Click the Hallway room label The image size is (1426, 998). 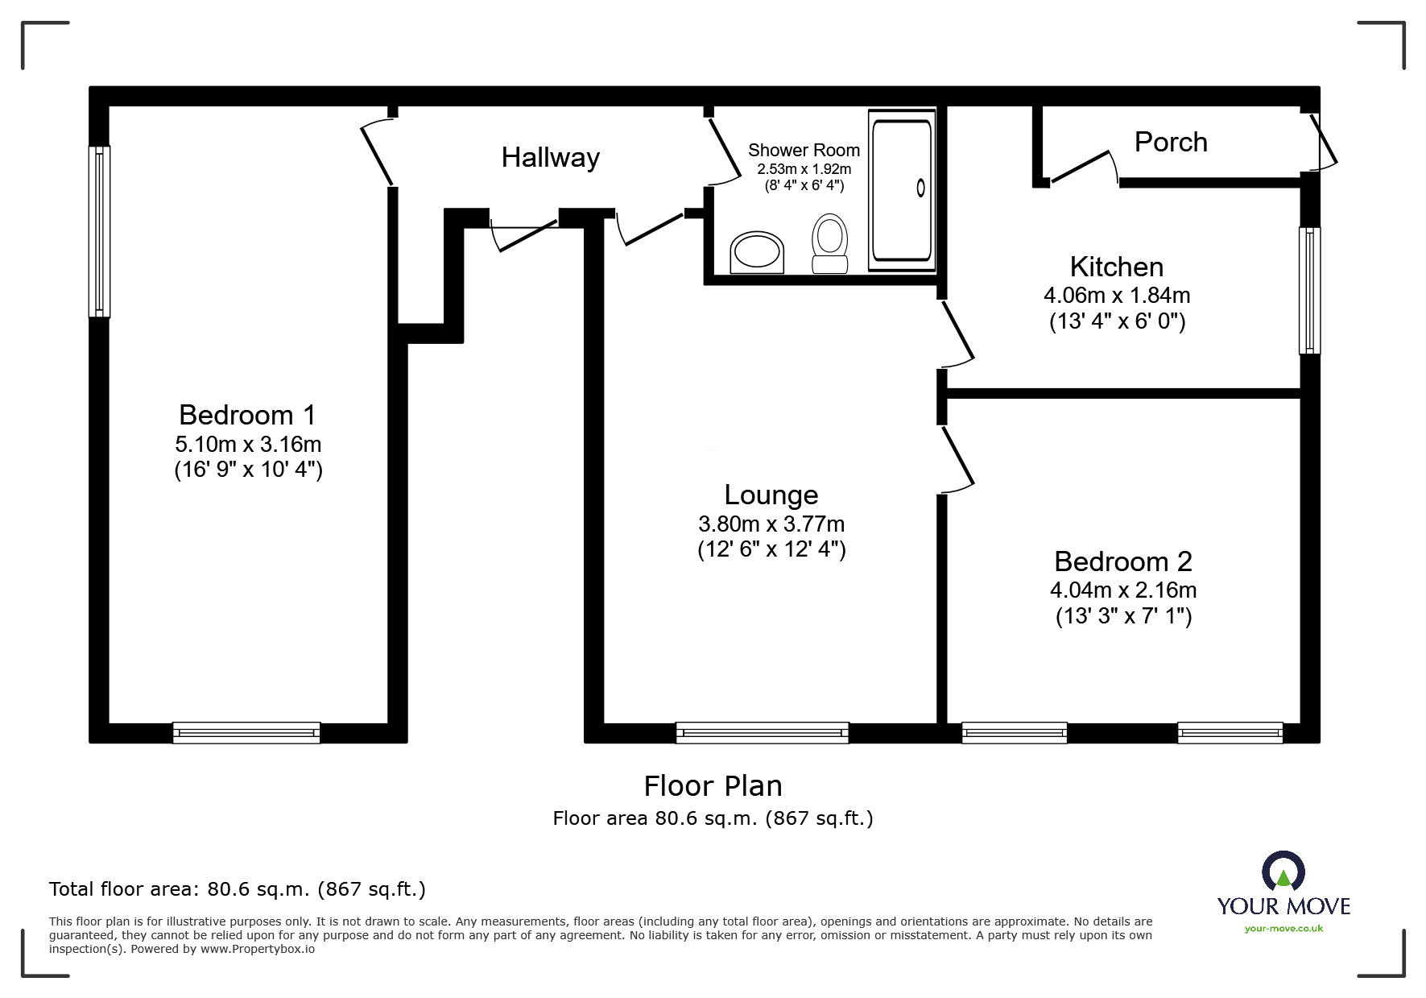pyautogui.click(x=550, y=157)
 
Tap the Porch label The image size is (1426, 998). pyautogui.click(x=1171, y=143)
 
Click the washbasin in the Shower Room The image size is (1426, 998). pyautogui.click(x=757, y=252)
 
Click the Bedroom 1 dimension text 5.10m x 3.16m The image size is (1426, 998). pyautogui.click(x=248, y=444)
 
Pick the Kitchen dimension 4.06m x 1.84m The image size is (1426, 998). pyautogui.click(x=1117, y=296)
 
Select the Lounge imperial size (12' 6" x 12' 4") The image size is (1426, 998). pyautogui.click(x=771, y=550)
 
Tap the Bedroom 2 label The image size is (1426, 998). pyautogui.click(x=1122, y=561)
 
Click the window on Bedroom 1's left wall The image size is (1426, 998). pyautogui.click(x=99, y=231)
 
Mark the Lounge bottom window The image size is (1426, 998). pyautogui.click(x=762, y=732)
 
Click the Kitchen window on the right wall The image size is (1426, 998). pyautogui.click(x=1309, y=290)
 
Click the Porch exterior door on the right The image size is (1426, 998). pyautogui.click(x=1325, y=142)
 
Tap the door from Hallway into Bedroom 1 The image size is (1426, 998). pyautogui.click(x=376, y=153)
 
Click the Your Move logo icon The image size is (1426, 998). pyautogui.click(x=1283, y=872)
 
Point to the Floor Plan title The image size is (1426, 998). pyautogui.click(x=713, y=786)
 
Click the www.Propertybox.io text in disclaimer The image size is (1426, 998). pyautogui.click(x=258, y=949)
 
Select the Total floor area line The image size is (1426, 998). pyautogui.click(x=238, y=889)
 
